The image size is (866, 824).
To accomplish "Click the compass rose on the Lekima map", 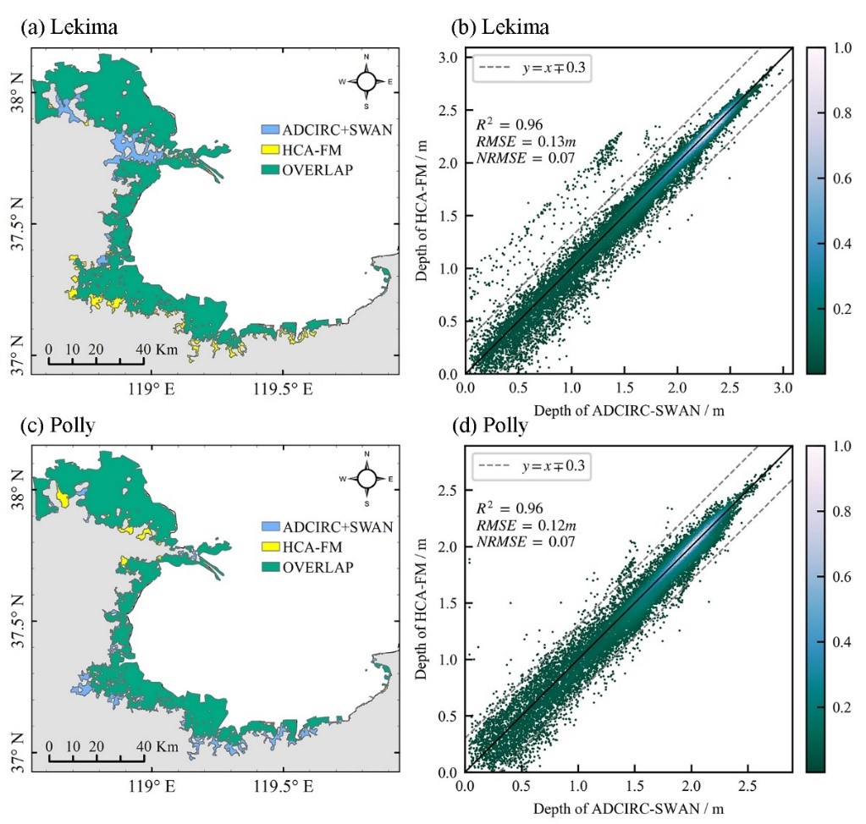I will coord(367,81).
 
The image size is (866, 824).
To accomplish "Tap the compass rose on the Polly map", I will coord(367,479).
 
